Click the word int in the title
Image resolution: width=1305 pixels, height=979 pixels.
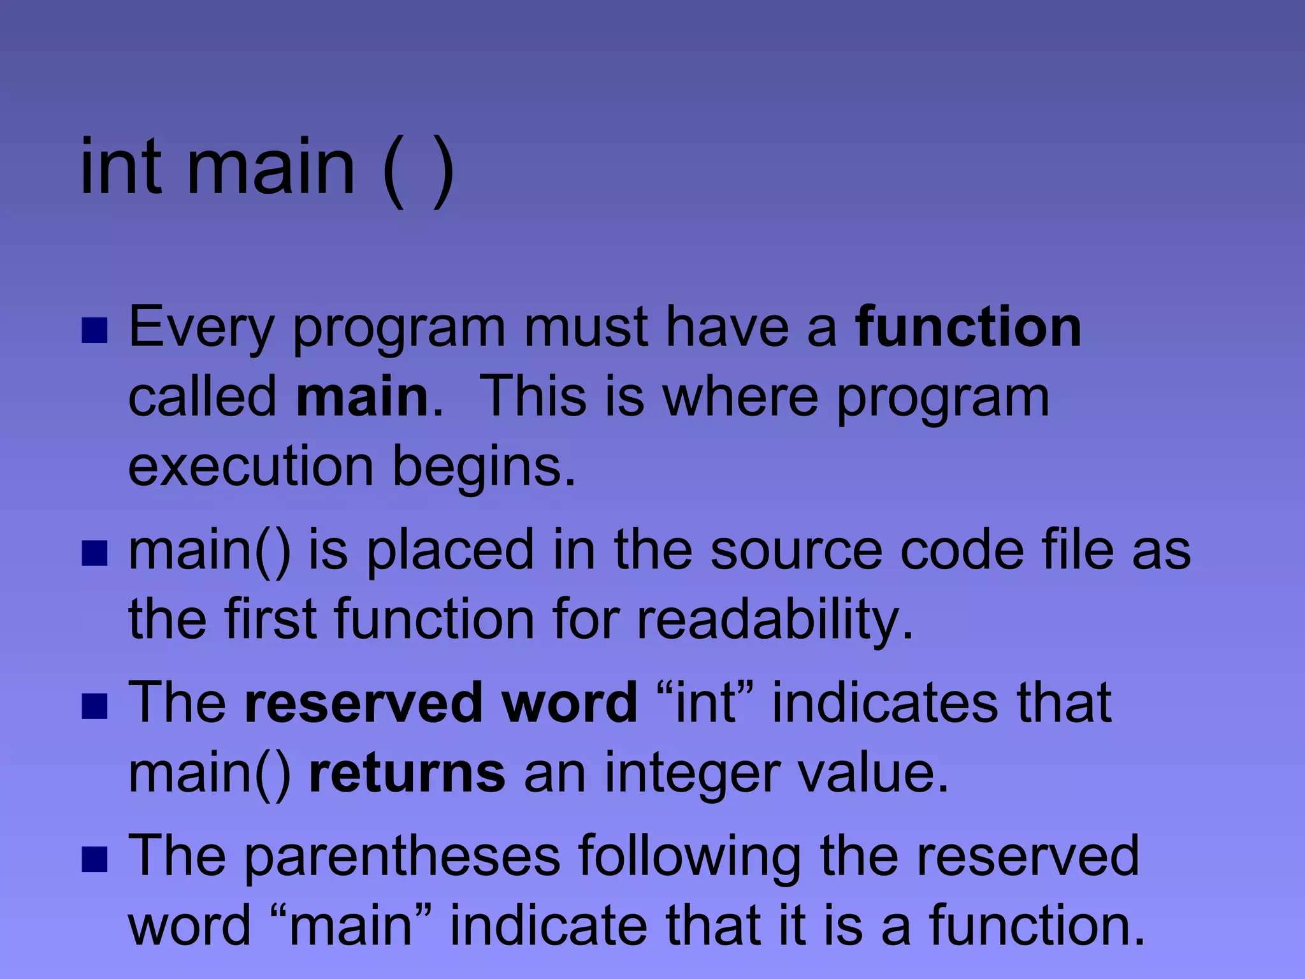tap(121, 167)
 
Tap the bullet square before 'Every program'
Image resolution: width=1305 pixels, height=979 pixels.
tap(94, 331)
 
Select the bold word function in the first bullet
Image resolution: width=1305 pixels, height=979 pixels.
tap(968, 327)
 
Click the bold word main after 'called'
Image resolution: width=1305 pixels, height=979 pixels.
tap(363, 397)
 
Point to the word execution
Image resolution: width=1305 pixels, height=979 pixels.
tap(250, 466)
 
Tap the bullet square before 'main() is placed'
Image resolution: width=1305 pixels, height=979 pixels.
tap(94, 553)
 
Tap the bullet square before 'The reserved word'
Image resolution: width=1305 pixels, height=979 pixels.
tap(94, 706)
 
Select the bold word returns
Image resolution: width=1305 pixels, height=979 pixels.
tap(407, 772)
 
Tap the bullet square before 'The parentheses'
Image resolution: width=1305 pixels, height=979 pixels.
tap(94, 859)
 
